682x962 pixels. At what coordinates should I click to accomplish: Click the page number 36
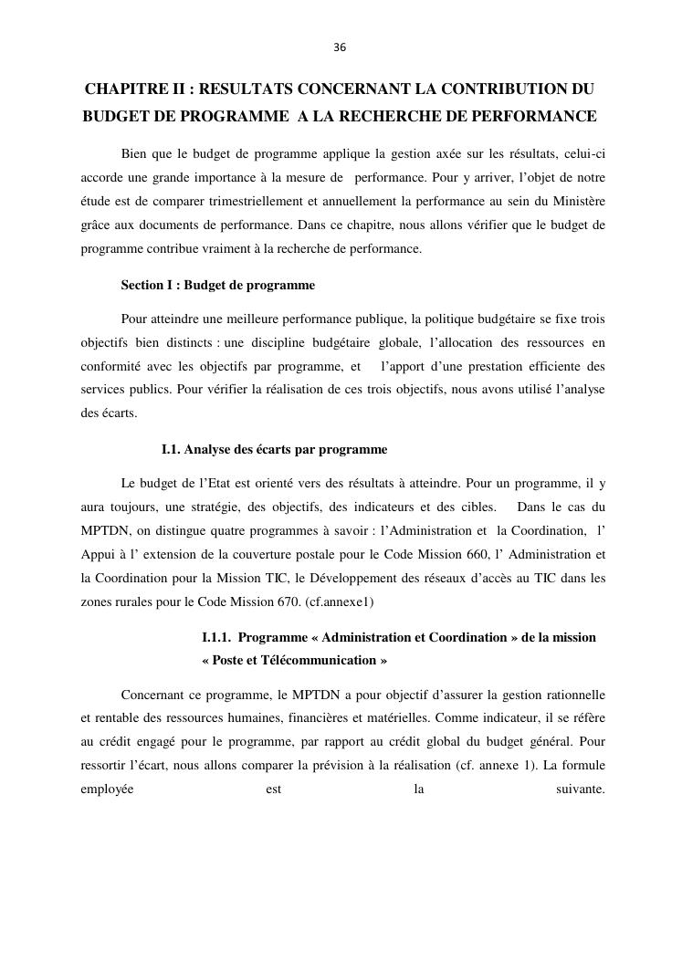tap(340, 47)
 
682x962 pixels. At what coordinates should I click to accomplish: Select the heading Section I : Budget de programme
tap(217, 286)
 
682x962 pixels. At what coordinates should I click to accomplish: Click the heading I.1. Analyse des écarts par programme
tap(274, 450)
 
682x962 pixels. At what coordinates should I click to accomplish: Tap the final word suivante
tap(580, 789)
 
